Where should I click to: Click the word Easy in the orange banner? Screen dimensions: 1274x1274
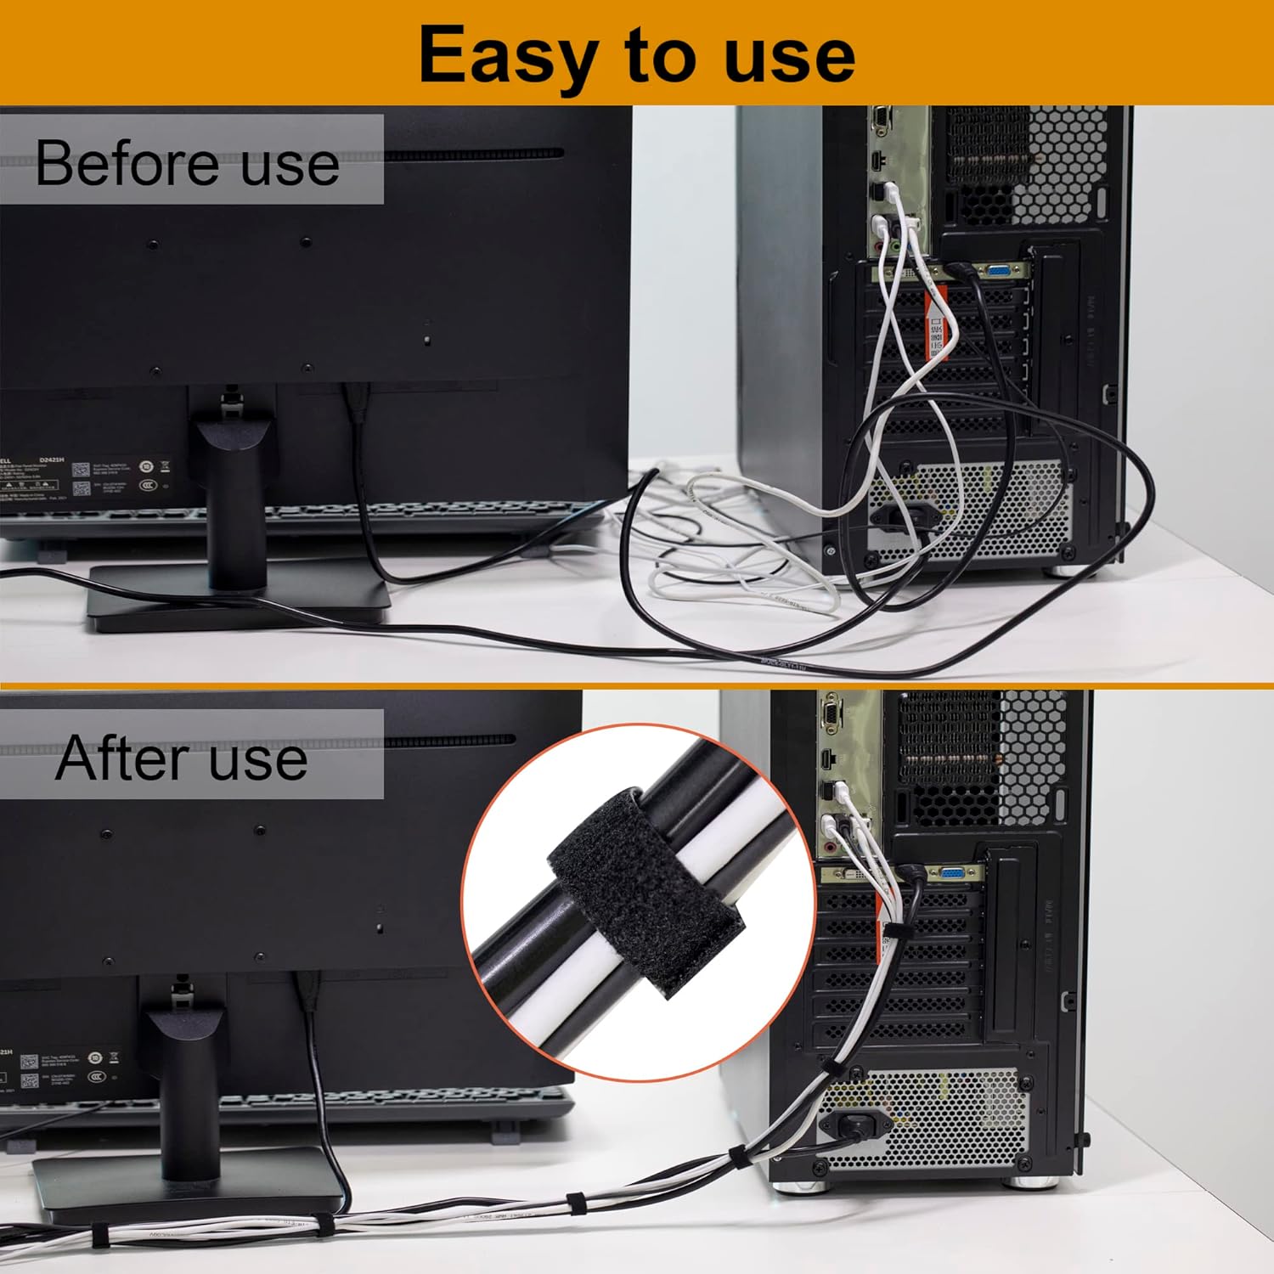click(x=506, y=56)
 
